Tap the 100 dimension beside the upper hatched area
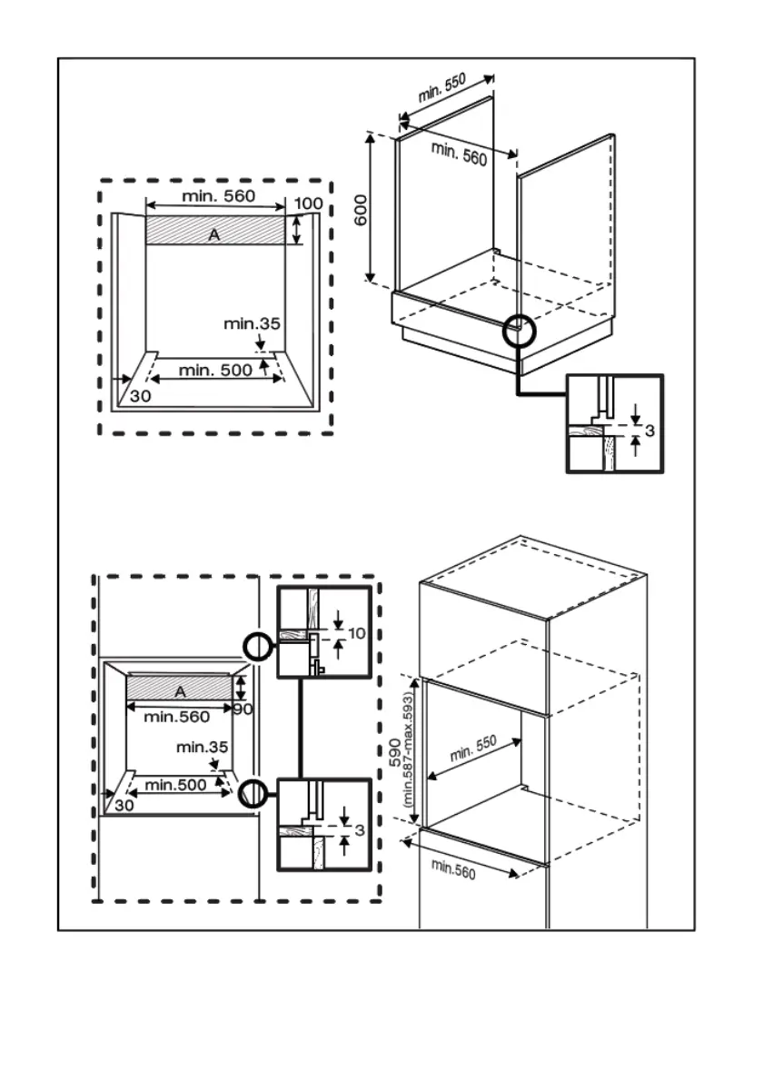pyautogui.click(x=309, y=203)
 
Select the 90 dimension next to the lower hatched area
pyautogui.click(x=242, y=709)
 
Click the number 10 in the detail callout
pyautogui.click(x=356, y=633)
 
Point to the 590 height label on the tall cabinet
pyautogui.click(x=395, y=753)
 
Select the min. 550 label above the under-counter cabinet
pyautogui.click(x=442, y=88)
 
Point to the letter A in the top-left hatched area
pyautogui.click(x=214, y=234)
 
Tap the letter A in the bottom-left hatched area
pyautogui.click(x=180, y=690)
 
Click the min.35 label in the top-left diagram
pyautogui.click(x=253, y=323)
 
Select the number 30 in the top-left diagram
pyautogui.click(x=139, y=396)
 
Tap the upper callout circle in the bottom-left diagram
pyautogui.click(x=257, y=646)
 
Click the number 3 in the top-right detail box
pyautogui.click(x=649, y=428)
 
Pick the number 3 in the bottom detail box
pyautogui.click(x=360, y=830)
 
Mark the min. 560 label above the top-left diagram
pyautogui.click(x=218, y=195)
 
